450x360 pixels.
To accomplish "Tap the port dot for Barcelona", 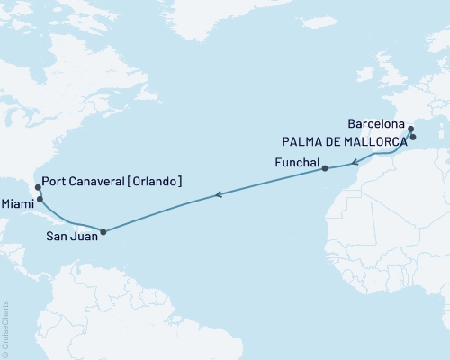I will tap(409, 130).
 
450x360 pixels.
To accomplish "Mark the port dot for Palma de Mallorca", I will tap(413, 137).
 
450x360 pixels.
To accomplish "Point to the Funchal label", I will tap(296, 162).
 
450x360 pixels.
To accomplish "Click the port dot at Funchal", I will tap(324, 168).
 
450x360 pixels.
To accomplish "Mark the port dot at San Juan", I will tap(103, 231).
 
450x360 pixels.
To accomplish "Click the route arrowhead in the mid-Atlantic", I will tap(218, 193).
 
